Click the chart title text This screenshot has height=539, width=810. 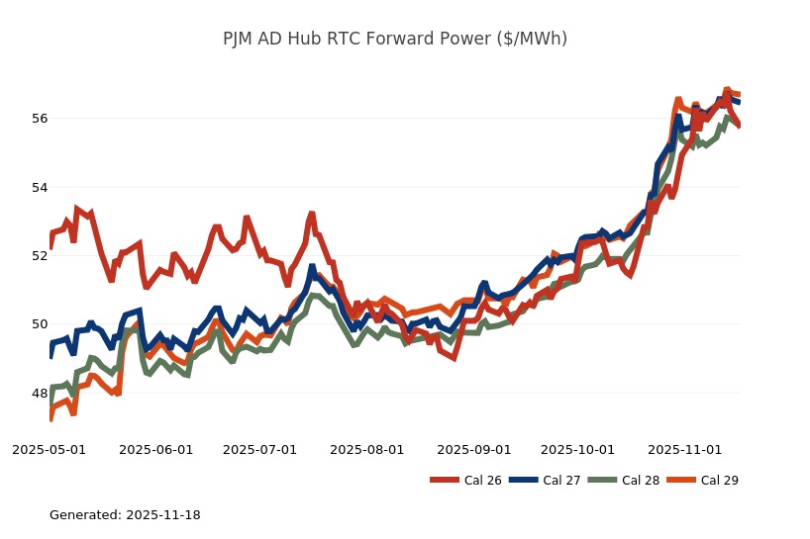(395, 39)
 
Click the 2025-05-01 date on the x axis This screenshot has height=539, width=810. (49, 449)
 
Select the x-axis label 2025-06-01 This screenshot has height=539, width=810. (155, 449)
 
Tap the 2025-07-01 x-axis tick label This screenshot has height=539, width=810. (259, 449)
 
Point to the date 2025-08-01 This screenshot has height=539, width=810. (366, 449)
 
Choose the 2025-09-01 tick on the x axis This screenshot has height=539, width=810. (473, 449)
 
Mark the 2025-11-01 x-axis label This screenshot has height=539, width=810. (684, 449)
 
